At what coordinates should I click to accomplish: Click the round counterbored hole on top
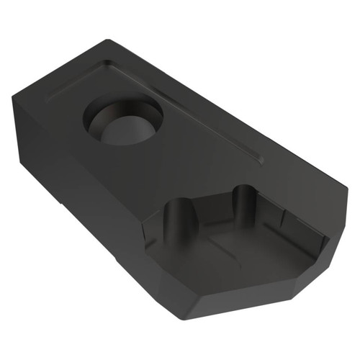click(x=123, y=120)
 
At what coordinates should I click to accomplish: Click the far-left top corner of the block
click(x=12, y=98)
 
